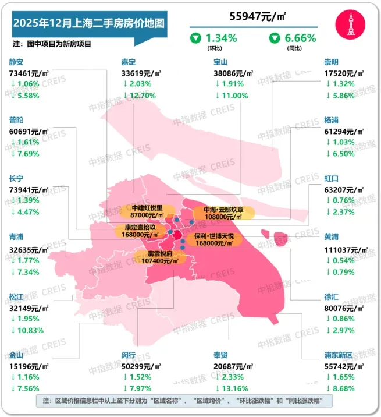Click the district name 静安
pyautogui.click(x=17, y=62)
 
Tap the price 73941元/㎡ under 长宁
pyautogui.click(x=31, y=190)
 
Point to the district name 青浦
pyautogui.click(x=17, y=237)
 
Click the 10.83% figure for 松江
pyautogui.click(x=30, y=330)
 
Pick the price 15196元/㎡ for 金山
pyautogui.click(x=31, y=365)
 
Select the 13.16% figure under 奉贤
pyautogui.click(x=235, y=388)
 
